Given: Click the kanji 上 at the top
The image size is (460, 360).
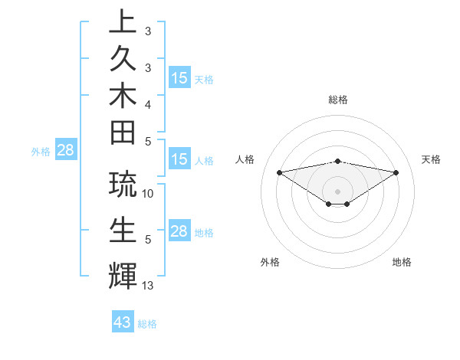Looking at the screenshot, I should tap(123, 21).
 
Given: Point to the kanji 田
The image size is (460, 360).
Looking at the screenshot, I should tap(123, 133).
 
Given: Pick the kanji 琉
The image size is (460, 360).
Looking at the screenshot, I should tap(123, 185).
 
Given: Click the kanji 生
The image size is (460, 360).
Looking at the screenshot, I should tap(123, 229).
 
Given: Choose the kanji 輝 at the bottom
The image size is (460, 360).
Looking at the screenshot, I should tap(123, 275).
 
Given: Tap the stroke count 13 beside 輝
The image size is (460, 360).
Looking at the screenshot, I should tap(148, 286).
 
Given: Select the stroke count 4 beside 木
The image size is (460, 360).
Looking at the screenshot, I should tap(148, 103).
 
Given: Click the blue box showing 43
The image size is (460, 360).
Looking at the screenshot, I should tap(123, 322).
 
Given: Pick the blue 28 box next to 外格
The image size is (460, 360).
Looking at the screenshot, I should tap(65, 150).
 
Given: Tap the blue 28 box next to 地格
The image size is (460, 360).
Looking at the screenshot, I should tap(179, 231).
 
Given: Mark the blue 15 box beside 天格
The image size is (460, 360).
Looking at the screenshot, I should tap(179, 78).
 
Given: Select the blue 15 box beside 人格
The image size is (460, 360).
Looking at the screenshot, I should tap(179, 159).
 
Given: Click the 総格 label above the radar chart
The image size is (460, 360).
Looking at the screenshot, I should tap(337, 100).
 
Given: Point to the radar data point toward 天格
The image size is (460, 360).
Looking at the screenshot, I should tap(396, 172).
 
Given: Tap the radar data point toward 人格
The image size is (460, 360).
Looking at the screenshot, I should tap(279, 172).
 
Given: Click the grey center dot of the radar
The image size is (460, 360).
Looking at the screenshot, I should tap(337, 191).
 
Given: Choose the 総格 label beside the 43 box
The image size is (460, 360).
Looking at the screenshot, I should tap(147, 323).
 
